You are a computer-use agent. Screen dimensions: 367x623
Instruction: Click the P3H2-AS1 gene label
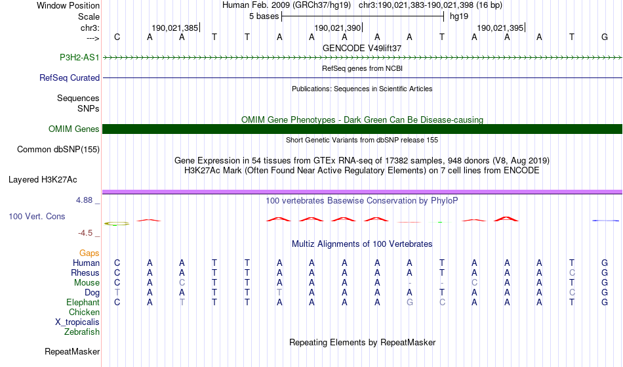(79, 57)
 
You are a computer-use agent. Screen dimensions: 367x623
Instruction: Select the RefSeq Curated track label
(70, 77)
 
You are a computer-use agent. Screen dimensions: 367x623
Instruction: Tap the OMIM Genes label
(74, 129)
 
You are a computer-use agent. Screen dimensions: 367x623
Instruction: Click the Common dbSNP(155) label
(58, 149)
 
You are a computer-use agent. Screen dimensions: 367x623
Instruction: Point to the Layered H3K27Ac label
(43, 179)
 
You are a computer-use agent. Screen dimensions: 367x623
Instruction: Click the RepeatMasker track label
(72, 352)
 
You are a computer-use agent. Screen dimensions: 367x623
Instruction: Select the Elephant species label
(83, 302)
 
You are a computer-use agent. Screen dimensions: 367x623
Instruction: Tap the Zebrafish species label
(82, 332)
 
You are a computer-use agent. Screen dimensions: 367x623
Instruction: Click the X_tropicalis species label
(77, 322)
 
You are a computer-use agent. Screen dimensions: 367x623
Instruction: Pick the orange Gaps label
(89, 253)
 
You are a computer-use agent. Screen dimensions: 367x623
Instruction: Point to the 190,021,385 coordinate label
(174, 28)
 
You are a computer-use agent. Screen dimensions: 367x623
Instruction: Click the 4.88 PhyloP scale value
(85, 200)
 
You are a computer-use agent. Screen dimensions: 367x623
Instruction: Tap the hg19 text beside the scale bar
(458, 16)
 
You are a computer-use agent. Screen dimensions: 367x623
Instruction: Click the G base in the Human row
(605, 263)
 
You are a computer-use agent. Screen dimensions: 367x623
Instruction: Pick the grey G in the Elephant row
(410, 302)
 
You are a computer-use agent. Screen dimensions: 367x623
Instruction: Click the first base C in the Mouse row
(117, 282)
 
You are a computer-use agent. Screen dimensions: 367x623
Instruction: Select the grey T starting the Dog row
(117, 292)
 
